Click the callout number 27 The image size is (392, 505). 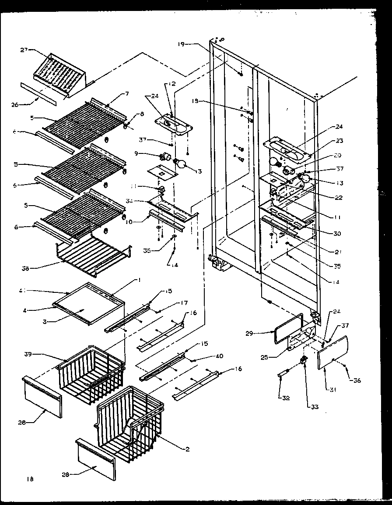pyautogui.click(x=24, y=50)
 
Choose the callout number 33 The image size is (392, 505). pyautogui.click(x=315, y=406)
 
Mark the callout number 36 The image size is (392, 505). pyautogui.click(x=357, y=381)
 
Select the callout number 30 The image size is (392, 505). pyautogui.click(x=337, y=234)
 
